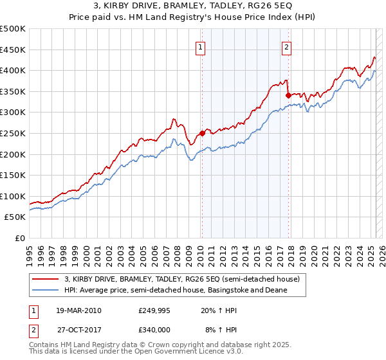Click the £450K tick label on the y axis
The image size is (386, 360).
[x=13, y=50]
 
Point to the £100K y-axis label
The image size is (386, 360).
[x=13, y=196]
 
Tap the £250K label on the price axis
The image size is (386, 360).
[x=13, y=133]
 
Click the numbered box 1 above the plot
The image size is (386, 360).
[x=201, y=46]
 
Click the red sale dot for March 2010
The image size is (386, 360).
[x=202, y=133]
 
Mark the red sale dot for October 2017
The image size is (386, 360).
[x=288, y=95]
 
